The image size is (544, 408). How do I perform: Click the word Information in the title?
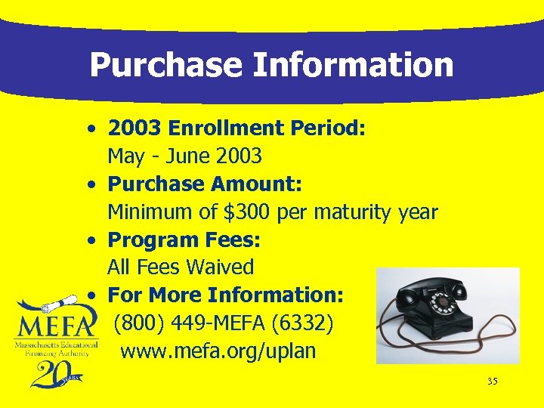[353, 65]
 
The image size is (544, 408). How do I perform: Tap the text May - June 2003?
[184, 156]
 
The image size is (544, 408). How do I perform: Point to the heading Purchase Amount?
[205, 184]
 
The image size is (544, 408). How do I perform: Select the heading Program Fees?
[184, 240]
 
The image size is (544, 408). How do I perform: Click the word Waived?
[220, 267]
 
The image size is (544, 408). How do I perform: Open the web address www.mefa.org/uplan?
[218, 351]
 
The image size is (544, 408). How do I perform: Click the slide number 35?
[492, 382]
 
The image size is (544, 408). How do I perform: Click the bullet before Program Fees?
[90, 241]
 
